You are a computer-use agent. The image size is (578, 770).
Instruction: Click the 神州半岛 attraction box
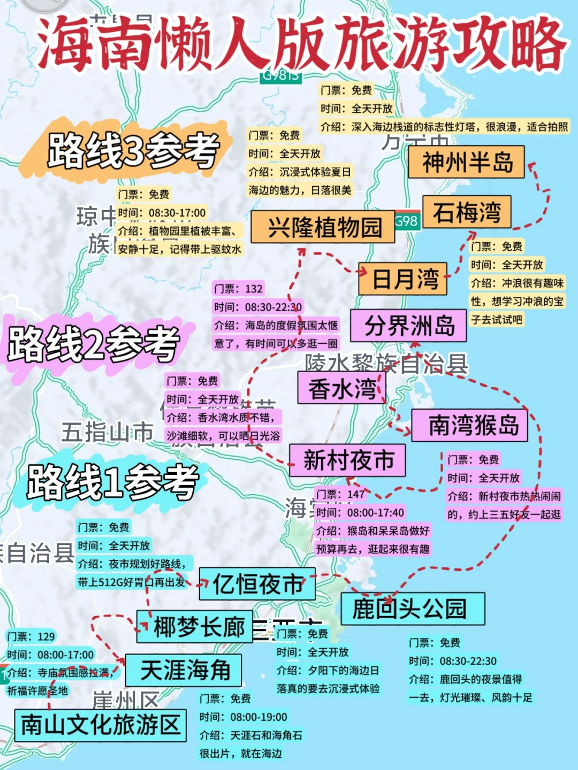click(x=466, y=162)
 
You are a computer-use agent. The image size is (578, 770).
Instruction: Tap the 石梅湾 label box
click(x=467, y=212)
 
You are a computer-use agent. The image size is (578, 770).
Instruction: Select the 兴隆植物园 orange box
click(x=323, y=227)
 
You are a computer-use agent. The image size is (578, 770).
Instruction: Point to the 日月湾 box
click(x=402, y=279)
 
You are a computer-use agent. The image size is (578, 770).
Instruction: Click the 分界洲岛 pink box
click(x=408, y=326)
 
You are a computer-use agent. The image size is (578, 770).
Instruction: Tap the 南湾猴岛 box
click(x=469, y=426)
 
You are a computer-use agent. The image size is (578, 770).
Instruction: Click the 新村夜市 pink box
click(x=347, y=460)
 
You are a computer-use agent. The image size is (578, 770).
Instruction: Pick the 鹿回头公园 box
click(x=413, y=609)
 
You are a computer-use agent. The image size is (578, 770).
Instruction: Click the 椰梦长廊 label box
click(x=195, y=627)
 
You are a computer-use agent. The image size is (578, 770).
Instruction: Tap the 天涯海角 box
click(x=184, y=670)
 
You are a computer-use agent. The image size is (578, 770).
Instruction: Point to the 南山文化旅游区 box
click(x=100, y=725)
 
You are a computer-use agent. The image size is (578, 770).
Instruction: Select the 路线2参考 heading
click(x=94, y=343)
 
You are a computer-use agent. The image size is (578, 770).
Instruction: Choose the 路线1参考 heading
click(x=113, y=482)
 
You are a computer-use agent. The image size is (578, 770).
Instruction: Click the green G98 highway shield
click(x=406, y=221)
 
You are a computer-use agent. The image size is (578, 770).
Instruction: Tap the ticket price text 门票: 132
click(x=238, y=289)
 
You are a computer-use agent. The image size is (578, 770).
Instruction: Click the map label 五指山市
click(x=107, y=432)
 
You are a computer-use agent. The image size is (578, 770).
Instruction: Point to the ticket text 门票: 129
click(x=31, y=636)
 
